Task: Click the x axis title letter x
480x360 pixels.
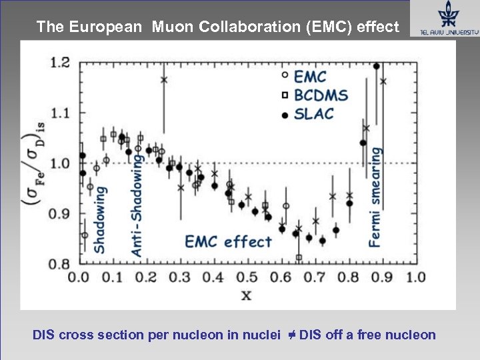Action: tap(246, 293)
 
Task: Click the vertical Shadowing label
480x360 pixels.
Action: tap(99, 219)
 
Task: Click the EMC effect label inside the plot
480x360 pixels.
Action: tap(228, 241)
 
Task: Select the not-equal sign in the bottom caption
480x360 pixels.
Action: tap(292, 334)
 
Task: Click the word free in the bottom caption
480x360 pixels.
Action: tap(373, 335)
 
